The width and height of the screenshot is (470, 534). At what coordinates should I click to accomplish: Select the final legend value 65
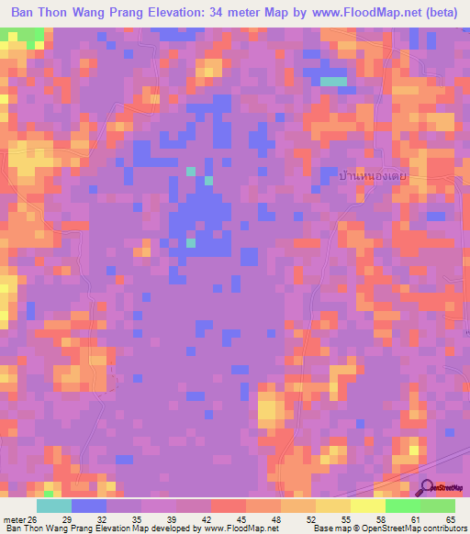tap(450, 519)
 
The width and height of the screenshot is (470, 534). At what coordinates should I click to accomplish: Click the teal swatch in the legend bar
tap(54, 506)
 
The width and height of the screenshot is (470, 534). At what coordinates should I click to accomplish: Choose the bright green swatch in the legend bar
tap(402, 506)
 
